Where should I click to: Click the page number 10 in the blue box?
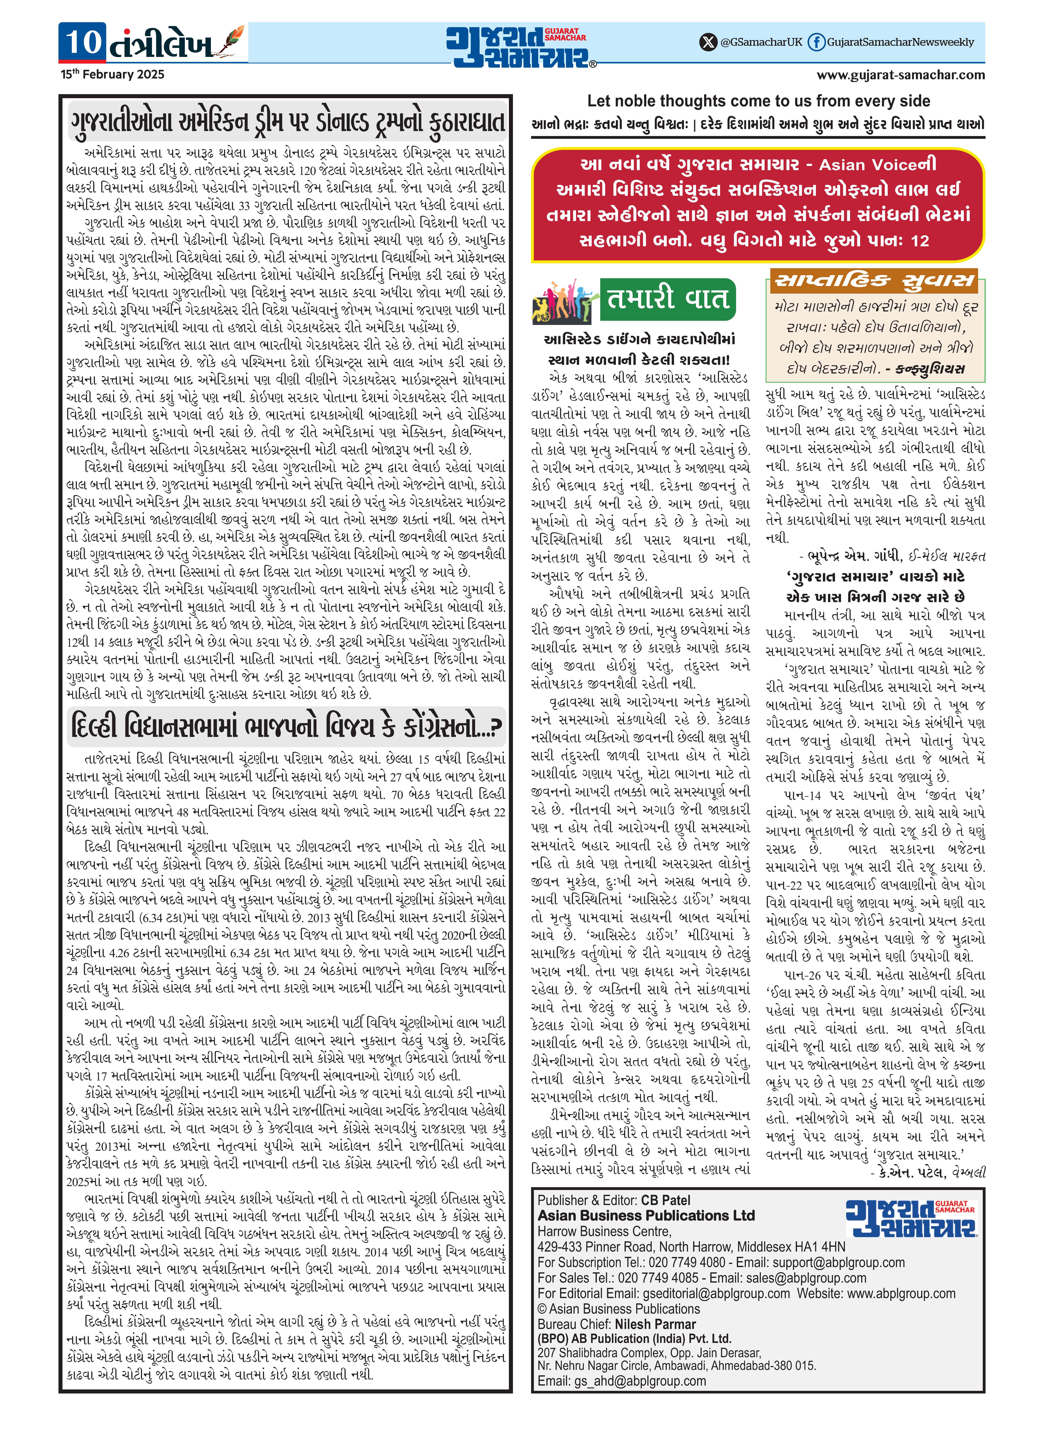(83, 42)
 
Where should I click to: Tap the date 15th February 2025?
(112, 75)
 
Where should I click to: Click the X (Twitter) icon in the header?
(708, 42)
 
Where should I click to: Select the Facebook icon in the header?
(817, 42)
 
